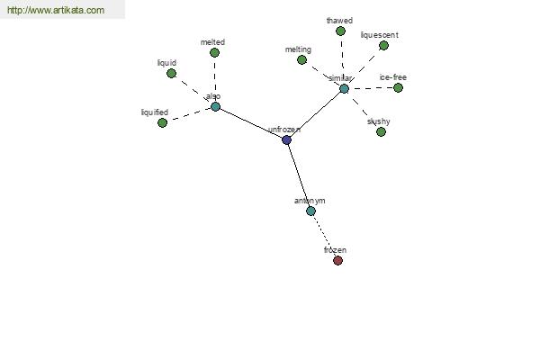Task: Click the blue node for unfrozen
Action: pos(286,139)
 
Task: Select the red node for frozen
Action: pos(337,260)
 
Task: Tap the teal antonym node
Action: pos(310,211)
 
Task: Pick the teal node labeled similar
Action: pos(344,89)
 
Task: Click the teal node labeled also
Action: pos(215,107)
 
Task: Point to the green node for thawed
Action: pos(340,31)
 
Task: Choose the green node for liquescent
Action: pos(383,46)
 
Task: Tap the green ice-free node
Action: pos(398,88)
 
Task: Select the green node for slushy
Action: pos(381,132)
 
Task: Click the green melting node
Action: pos(301,60)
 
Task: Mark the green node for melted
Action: pos(214,53)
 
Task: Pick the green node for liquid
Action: pos(171,74)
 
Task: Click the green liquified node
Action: pos(162,122)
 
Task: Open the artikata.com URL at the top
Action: pos(56,10)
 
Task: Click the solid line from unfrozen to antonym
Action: pos(299,175)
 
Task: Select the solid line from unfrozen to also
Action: pos(251,123)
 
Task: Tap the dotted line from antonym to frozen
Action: pos(324,236)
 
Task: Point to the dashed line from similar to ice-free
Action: pos(371,88)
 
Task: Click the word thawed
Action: pos(339,21)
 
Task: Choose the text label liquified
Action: pos(155,112)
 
